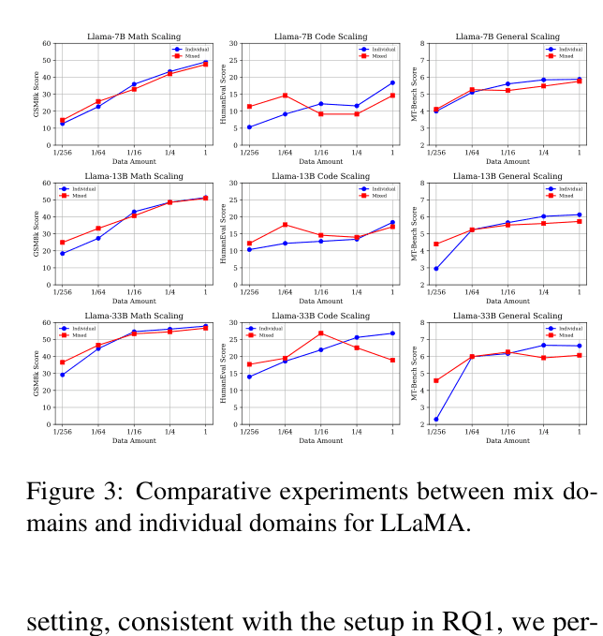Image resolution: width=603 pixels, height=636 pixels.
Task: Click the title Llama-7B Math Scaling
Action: point(134,36)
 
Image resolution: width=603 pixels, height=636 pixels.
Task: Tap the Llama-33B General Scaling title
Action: point(508,316)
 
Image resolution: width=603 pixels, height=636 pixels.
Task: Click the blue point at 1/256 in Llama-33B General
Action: point(436,419)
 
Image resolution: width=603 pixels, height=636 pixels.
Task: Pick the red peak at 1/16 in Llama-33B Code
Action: point(321,333)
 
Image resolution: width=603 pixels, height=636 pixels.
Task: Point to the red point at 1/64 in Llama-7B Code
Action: point(285,96)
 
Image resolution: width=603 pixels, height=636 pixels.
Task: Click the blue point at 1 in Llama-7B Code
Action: point(392,82)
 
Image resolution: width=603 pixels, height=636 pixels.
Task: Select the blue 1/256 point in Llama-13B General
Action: point(436,268)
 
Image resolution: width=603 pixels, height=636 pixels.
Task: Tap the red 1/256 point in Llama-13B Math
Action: point(63,243)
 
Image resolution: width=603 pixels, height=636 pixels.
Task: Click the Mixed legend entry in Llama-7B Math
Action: point(190,55)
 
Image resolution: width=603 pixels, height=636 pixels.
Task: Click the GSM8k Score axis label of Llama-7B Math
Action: point(37,94)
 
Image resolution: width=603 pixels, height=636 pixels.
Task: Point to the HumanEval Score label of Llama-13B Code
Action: point(223,234)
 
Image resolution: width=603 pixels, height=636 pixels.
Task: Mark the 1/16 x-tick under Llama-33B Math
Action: point(134,431)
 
